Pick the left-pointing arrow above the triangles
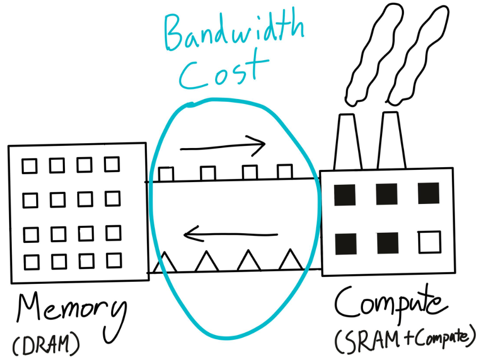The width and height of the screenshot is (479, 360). [230, 233]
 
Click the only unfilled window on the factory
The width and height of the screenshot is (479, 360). [429, 242]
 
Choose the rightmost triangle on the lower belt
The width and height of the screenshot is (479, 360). [290, 260]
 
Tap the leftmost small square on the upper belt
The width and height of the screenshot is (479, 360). [166, 174]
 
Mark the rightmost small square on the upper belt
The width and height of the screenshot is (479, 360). [285, 172]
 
